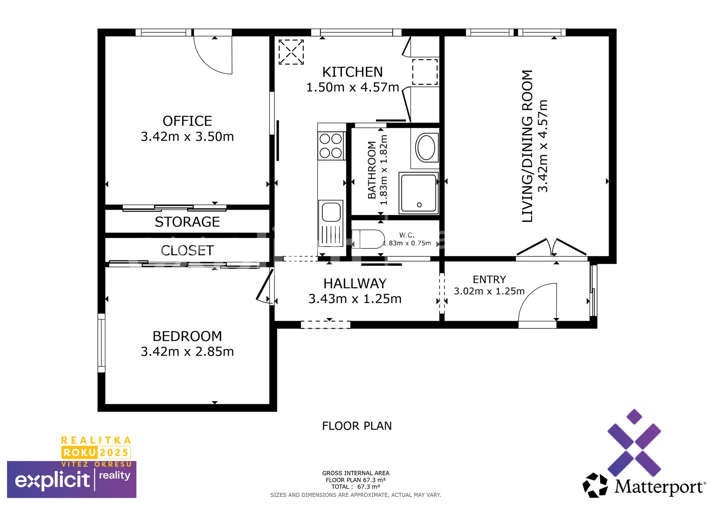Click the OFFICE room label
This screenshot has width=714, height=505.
tap(187, 121)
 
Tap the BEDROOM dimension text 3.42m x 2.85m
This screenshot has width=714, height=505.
tap(187, 351)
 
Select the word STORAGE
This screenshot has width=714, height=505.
tap(187, 222)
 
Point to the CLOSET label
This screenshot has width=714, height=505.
tap(187, 251)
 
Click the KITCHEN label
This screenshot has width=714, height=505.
tap(352, 72)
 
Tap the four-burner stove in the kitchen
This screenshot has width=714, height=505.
tap(331, 146)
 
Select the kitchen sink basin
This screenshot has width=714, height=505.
tap(331, 212)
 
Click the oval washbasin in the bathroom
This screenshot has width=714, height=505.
tap(427, 148)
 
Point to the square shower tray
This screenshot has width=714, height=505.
tap(418, 193)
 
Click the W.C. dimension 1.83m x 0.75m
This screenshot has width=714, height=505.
tap(407, 243)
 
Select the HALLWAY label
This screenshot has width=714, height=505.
tap(355, 284)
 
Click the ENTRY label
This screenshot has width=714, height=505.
tap(489, 280)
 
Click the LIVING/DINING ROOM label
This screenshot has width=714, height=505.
tap(527, 146)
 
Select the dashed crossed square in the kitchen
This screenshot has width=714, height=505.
tap(291, 52)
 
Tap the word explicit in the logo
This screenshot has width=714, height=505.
tap(52, 481)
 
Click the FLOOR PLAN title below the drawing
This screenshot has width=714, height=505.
tap(357, 426)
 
